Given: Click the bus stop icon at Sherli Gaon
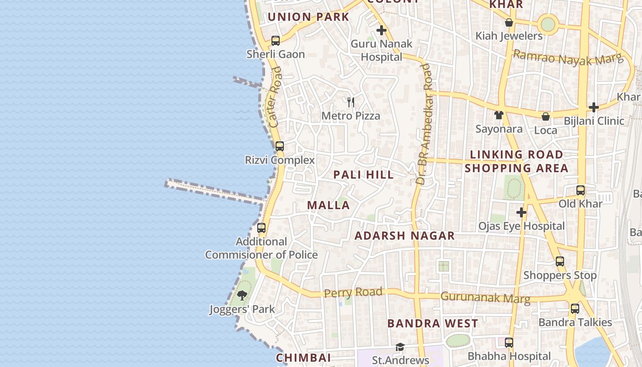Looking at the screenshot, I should click(276, 41).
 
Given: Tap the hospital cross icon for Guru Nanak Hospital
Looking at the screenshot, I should click(381, 31).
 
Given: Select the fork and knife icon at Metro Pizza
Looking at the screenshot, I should click(351, 102).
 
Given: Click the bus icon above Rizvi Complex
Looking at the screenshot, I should click(280, 146).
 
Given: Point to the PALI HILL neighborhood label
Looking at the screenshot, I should click(364, 175).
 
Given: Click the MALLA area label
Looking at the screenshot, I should click(328, 205).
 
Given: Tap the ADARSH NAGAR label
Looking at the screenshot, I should click(405, 236).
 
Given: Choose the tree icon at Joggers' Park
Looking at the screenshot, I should click(242, 295).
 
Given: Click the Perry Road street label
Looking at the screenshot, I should click(353, 292).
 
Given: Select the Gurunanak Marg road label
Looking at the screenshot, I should click(485, 298).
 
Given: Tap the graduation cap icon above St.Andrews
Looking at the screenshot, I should click(400, 347).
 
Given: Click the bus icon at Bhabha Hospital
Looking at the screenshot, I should click(509, 343).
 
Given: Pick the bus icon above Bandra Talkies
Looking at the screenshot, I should click(575, 309).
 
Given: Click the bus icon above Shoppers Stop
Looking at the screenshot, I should click(560, 261).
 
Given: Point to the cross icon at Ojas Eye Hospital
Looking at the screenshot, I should click(521, 212).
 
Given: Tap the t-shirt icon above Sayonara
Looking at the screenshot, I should click(499, 115).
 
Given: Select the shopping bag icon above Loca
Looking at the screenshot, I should click(546, 117).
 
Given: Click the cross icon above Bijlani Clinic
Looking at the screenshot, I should click(594, 107).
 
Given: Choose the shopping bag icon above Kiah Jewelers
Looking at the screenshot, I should click(509, 22).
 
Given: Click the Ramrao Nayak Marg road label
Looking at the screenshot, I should click(568, 58).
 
